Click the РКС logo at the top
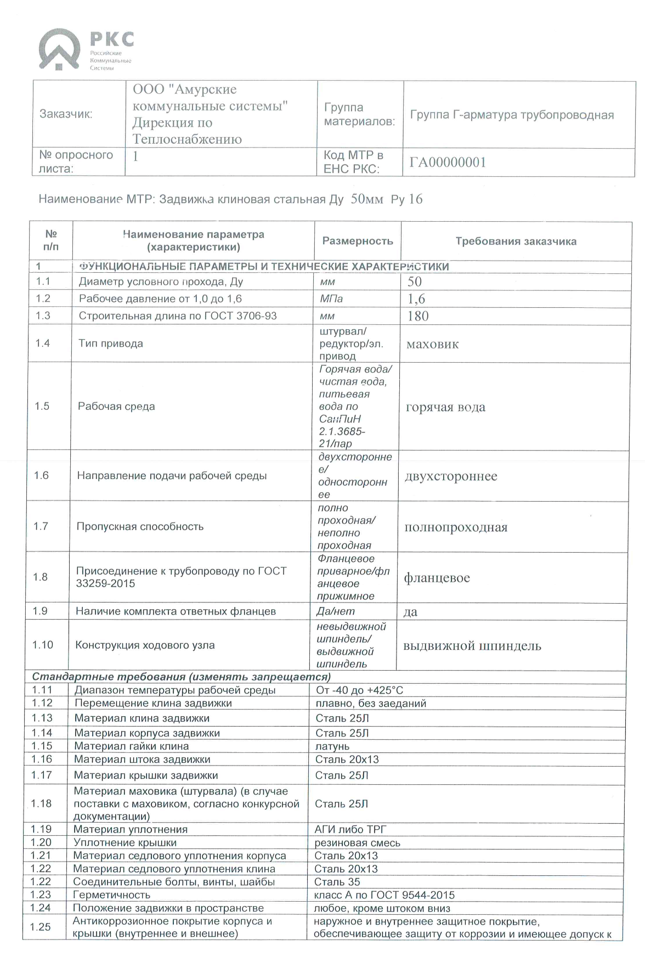point(85,50)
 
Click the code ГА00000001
point(448,162)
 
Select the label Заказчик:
point(66,114)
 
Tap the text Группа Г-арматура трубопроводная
point(512,115)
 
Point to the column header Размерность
point(358,241)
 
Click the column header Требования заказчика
point(516,241)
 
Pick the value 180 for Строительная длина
point(418,316)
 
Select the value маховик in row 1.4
point(432,345)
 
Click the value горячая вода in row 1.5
point(445,407)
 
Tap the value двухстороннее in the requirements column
point(451,476)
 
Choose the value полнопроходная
point(456,527)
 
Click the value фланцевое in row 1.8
point(437,578)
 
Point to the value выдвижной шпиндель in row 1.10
point(472,646)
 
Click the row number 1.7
point(41,526)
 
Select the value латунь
point(332,746)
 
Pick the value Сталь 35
point(337,882)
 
